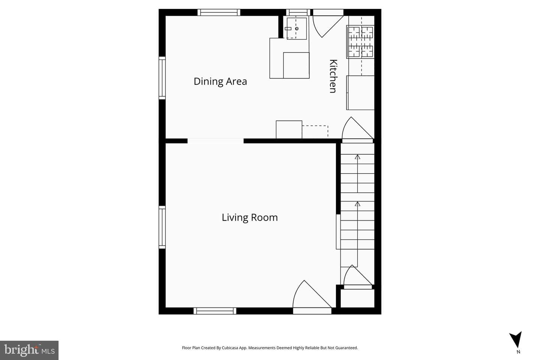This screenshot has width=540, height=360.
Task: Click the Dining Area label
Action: coord(220,81)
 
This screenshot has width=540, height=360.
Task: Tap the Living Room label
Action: coord(250,217)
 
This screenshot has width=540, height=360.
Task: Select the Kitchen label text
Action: coord(333,76)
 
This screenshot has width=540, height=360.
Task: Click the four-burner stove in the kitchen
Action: coord(360,42)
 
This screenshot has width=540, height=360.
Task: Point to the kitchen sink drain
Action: coord(297,29)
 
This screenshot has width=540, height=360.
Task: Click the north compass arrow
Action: coord(516,340)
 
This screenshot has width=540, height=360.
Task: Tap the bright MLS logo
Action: coord(29,350)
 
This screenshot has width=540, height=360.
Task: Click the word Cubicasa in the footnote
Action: coord(230,348)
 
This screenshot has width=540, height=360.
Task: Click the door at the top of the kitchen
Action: coord(328,24)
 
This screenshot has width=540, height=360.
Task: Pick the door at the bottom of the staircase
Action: coord(358,277)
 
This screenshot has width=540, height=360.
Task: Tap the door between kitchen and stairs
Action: coord(358,130)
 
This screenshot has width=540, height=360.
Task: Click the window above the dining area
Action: coord(219,12)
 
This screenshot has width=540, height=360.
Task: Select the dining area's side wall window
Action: coord(162,78)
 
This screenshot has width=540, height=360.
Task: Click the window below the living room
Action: coord(215,311)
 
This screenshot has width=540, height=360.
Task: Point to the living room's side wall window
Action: coord(162,227)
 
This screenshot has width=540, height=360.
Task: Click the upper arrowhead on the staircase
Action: coord(357,157)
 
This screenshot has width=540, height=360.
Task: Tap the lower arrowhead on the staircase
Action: coord(357,204)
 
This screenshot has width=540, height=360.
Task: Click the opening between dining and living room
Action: coord(216,141)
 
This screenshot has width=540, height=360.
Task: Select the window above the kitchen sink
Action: coord(298,12)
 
